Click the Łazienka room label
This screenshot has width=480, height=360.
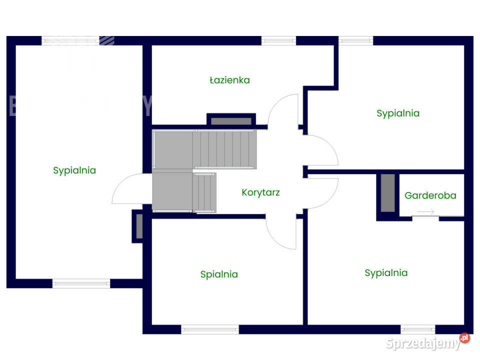pos(229,80)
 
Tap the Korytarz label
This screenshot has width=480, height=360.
pos(260,192)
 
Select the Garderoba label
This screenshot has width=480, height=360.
pos(430,195)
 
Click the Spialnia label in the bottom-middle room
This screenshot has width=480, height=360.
pos(219,274)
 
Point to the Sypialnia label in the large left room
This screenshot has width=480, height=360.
pos(74,170)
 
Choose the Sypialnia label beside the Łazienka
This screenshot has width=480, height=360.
pos(398,113)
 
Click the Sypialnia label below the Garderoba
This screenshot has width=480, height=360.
pos(386,273)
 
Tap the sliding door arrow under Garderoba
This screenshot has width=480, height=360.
pos(425,212)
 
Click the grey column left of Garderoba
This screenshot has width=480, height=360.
pos(387,192)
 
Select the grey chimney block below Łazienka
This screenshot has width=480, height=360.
pos(231,121)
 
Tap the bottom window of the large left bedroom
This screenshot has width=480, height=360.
pos(81,283)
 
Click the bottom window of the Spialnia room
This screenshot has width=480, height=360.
pos(209,329)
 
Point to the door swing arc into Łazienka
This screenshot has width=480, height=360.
pos(283,110)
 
